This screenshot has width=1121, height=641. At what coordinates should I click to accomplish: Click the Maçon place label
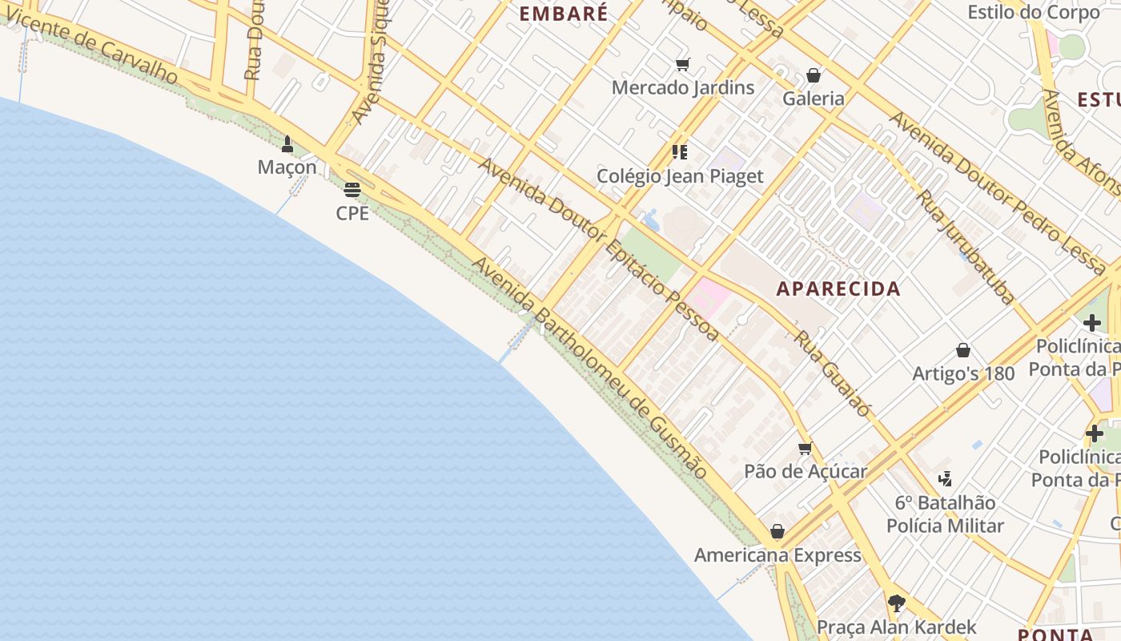point(287,167)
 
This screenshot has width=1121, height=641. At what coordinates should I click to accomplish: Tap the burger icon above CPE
point(352,190)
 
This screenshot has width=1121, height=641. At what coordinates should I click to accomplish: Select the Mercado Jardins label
point(683,87)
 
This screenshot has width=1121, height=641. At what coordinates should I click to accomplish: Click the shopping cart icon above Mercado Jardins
point(682,65)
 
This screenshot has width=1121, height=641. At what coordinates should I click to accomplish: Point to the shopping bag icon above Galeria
point(814,75)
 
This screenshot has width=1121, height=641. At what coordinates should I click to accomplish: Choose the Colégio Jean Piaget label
point(681,176)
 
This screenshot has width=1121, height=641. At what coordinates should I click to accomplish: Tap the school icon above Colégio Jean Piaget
point(681,152)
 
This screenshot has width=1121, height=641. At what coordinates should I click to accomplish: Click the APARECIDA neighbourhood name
point(838,288)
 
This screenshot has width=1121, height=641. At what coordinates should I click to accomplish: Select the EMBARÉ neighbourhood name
point(564,13)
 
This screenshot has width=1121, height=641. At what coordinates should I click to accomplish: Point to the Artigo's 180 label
point(963,373)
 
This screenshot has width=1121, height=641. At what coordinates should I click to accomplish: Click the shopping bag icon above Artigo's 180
point(963,351)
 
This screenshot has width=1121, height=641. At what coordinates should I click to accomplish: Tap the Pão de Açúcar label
point(806,471)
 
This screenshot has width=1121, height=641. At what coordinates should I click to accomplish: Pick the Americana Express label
point(777,555)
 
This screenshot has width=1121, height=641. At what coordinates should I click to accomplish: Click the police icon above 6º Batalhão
point(946,479)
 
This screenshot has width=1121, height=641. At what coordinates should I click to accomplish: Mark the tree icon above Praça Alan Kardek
point(897,603)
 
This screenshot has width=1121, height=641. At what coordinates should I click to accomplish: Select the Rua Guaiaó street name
point(833,373)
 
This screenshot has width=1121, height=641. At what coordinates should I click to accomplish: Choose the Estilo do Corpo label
point(1034,13)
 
